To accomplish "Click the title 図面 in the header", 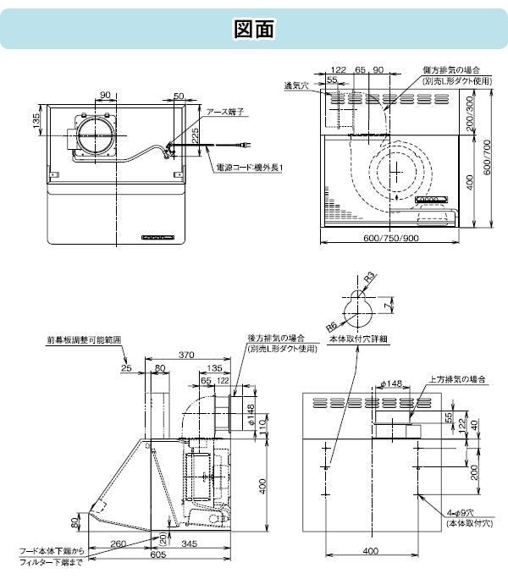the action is click(254, 29).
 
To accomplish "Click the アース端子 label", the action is click(225, 112).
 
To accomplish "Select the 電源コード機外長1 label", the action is click(250, 168).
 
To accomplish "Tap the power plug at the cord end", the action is click(246, 146).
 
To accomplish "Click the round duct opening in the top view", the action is click(97, 135).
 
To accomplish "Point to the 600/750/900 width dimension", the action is click(391, 238).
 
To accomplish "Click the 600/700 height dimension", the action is click(487, 157).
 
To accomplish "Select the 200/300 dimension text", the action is click(470, 113).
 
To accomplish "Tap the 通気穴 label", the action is click(296, 85).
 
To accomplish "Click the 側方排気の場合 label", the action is click(451, 69).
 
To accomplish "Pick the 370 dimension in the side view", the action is click(186, 355).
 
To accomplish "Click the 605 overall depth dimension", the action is click(158, 554).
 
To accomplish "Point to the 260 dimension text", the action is click(119, 543).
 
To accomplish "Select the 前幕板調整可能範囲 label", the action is click(84, 340).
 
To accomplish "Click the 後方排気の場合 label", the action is click(276, 338).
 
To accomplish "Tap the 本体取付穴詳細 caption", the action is click(358, 339).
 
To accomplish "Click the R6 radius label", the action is click(331, 327).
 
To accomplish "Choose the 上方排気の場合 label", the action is click(457, 379).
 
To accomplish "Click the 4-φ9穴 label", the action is click(460, 513).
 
